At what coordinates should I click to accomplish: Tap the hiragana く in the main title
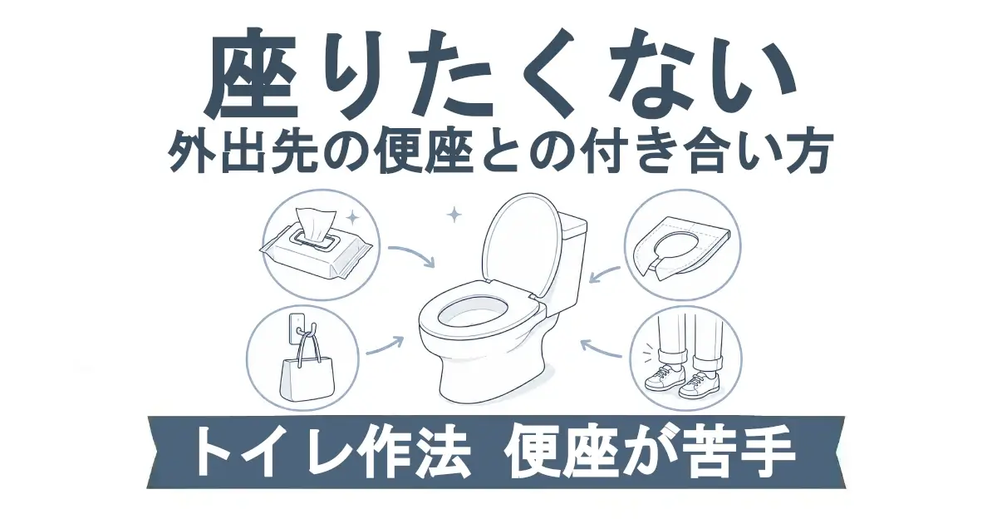click(545, 73)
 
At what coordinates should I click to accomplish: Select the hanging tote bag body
click(307, 380)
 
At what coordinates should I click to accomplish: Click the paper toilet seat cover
click(681, 249)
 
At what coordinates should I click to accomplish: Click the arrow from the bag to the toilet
click(385, 346)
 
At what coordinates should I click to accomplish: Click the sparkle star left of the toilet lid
click(454, 215)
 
